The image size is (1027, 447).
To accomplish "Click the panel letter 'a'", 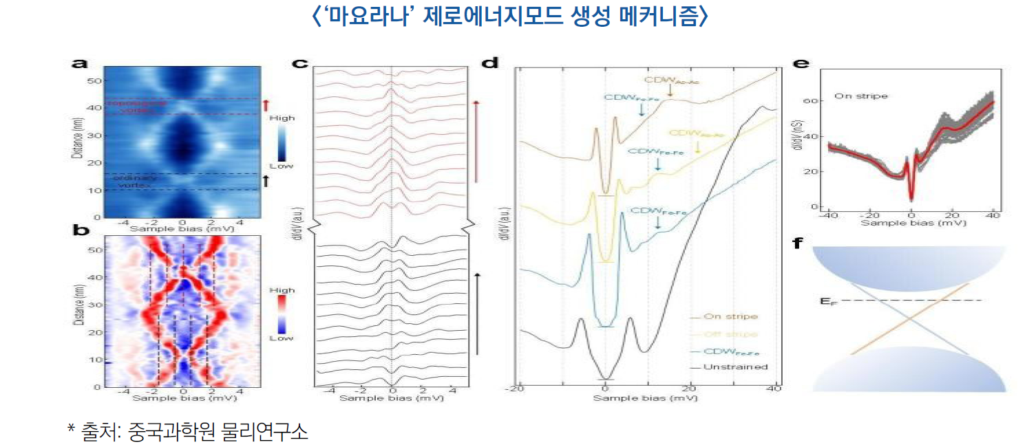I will [x=80, y=64].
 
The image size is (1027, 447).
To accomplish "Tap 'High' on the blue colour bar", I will [x=282, y=118].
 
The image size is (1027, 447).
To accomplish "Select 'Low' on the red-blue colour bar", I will [x=281, y=338].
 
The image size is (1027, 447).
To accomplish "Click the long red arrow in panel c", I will [x=475, y=141].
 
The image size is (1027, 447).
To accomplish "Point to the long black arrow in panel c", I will [x=477, y=313].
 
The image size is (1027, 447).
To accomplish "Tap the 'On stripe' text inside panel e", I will [x=860, y=96].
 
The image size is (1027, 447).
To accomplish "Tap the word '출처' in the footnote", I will [x=93, y=432].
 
